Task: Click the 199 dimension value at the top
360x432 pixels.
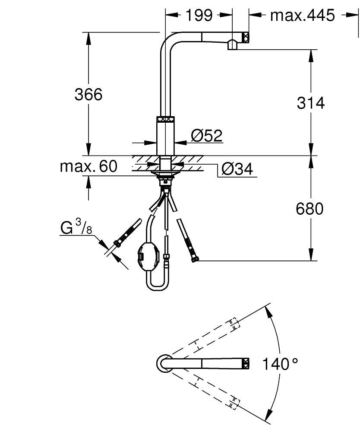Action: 199,15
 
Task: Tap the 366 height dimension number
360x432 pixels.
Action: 88,94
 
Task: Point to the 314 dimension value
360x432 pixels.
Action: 310,103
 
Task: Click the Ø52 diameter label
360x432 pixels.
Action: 206,136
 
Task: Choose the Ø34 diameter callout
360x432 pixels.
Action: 237,169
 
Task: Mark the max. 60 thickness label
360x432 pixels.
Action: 88,166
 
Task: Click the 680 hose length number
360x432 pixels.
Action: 309,209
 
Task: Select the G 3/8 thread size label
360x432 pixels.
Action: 76,228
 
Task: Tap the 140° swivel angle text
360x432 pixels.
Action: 281,364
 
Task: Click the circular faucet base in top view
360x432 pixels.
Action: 164,363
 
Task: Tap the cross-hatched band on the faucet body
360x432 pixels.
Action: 165,120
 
